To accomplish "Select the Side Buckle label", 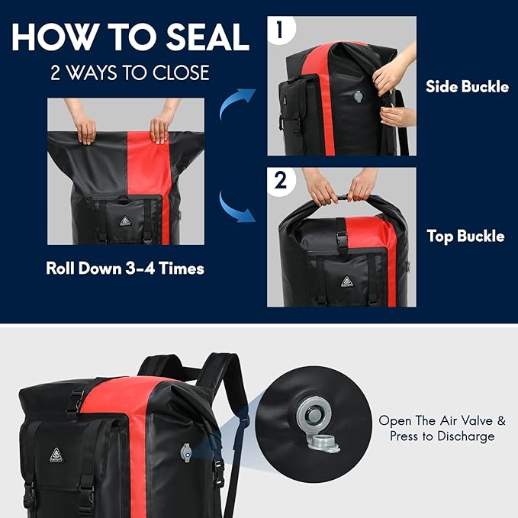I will pyautogui.click(x=467, y=87).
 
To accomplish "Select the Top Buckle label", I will pyautogui.click(x=465, y=236).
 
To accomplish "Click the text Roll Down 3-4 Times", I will pyautogui.click(x=125, y=269).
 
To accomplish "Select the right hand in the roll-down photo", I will pyautogui.click(x=159, y=127).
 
